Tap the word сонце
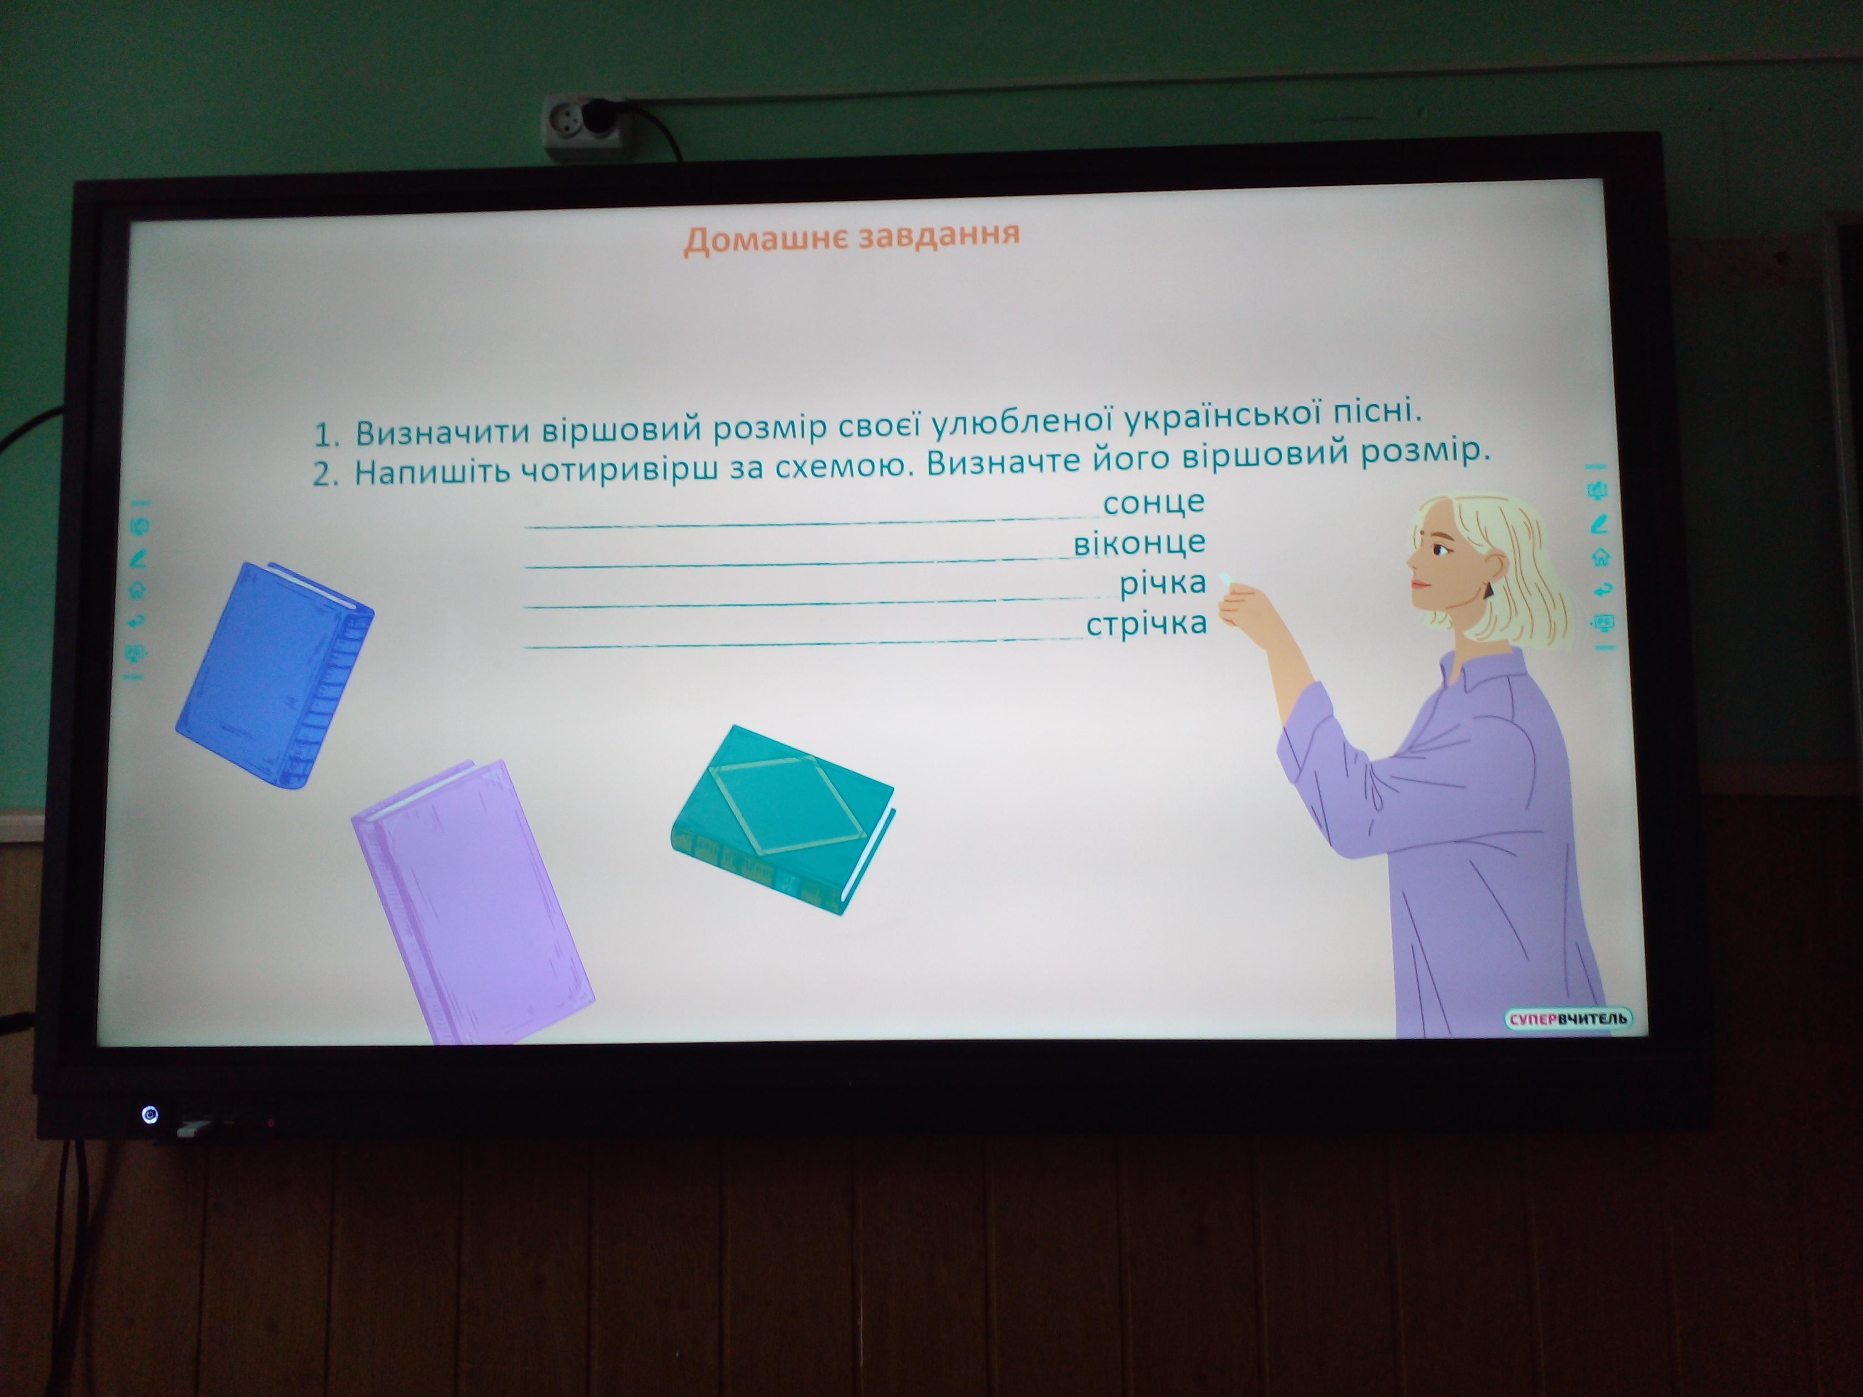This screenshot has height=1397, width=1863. (x=1154, y=502)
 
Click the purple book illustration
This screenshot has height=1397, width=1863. (x=472, y=901)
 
